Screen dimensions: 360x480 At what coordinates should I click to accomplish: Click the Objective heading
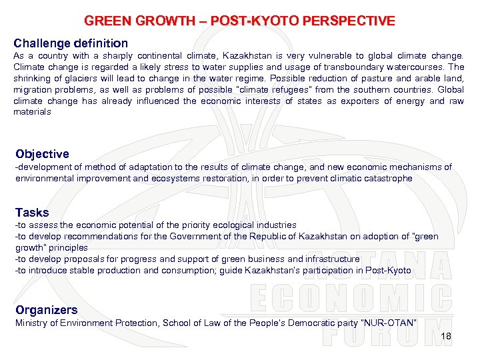point(42,154)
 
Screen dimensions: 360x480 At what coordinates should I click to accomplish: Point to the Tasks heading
point(32,213)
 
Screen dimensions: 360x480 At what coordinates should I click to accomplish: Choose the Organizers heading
point(47,310)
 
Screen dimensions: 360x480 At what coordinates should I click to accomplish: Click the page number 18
point(446,336)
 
